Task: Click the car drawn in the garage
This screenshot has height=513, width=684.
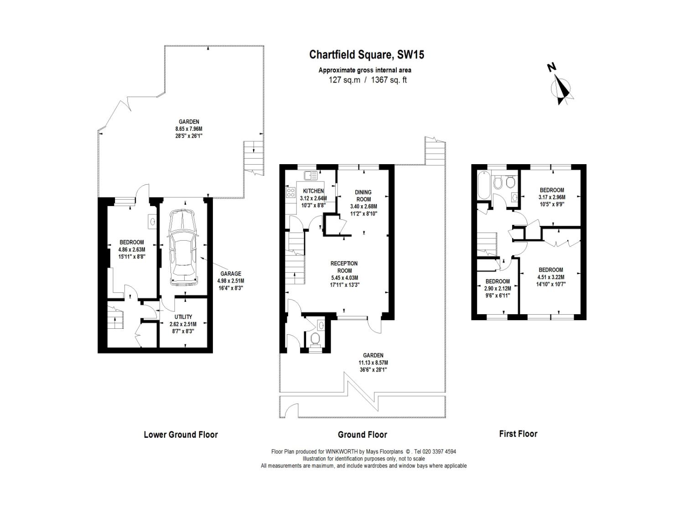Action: click(x=183, y=248)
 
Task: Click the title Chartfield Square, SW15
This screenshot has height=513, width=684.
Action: click(x=367, y=55)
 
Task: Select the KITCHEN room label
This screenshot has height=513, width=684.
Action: click(x=313, y=191)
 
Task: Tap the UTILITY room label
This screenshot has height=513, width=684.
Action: click(x=183, y=317)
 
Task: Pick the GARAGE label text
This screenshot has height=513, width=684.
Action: click(x=231, y=274)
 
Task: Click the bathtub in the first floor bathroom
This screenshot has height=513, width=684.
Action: click(x=482, y=185)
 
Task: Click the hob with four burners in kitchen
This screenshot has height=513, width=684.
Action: click(x=290, y=192)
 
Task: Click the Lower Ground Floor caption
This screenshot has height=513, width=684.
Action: click(x=181, y=435)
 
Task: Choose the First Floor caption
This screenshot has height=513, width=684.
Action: click(x=518, y=434)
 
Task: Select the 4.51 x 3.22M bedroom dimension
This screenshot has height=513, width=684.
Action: click(x=551, y=277)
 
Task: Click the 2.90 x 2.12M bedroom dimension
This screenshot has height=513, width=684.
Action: click(x=497, y=288)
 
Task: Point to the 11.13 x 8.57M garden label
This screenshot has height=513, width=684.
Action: click(x=373, y=363)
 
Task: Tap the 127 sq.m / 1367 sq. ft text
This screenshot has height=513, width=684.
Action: click(x=368, y=80)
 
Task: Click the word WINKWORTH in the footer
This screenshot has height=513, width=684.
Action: click(x=341, y=451)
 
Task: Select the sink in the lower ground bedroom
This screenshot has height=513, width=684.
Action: click(x=151, y=222)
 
